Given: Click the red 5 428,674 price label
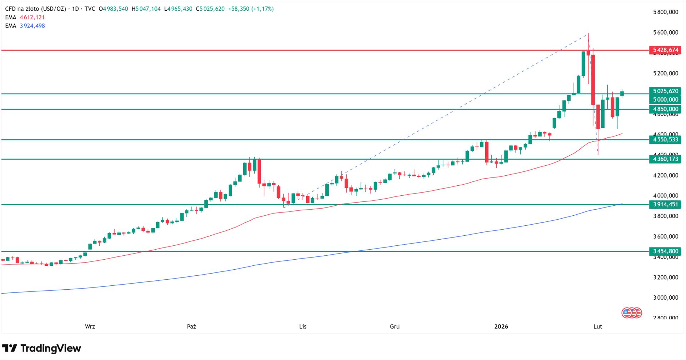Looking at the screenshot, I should [665, 50].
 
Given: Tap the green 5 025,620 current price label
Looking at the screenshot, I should [665, 91].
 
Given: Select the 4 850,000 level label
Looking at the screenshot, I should [665, 109].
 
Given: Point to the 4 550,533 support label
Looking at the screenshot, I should [665, 140].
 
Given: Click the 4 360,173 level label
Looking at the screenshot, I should [665, 159].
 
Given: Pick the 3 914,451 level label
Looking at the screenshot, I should [665, 205].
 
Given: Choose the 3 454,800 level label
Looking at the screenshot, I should [665, 251].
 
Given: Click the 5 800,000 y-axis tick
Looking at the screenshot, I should [665, 12].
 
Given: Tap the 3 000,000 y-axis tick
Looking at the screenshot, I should [665, 297].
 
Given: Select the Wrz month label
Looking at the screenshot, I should [90, 326].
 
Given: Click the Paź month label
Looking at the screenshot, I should [192, 326].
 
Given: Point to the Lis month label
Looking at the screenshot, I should [303, 326].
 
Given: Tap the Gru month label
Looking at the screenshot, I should [394, 326].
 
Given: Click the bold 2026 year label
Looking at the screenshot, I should [501, 326].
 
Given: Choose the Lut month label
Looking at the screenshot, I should [597, 326].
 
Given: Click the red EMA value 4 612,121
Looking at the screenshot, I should [32, 17].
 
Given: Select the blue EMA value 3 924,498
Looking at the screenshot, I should [32, 26].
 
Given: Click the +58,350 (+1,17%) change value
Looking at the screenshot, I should [251, 9].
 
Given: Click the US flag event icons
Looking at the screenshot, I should [632, 313].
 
